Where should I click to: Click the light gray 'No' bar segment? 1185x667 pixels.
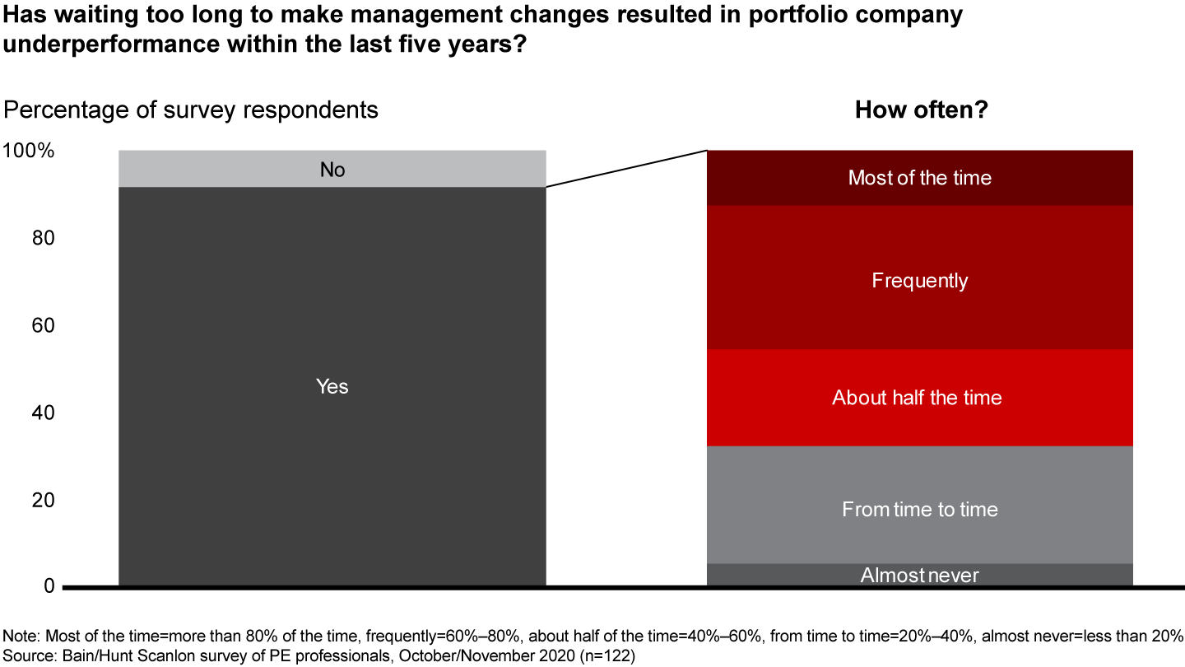[332, 169]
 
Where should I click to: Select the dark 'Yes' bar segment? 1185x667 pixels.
[332, 386]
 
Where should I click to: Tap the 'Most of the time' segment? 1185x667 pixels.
[920, 178]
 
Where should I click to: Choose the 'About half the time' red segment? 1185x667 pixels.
[920, 398]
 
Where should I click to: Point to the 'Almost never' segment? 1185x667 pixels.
[920, 575]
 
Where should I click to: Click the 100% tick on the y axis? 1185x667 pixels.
[29, 152]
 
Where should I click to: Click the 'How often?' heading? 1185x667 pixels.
[921, 110]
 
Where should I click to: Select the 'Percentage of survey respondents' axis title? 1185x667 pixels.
[191, 110]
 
